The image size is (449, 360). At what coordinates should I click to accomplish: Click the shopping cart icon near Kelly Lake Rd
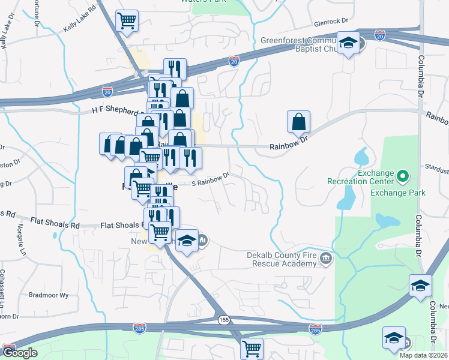pos(127,21)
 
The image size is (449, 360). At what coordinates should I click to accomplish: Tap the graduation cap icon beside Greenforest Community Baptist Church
pos(348,43)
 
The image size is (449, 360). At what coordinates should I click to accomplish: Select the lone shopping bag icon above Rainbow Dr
pos(298,122)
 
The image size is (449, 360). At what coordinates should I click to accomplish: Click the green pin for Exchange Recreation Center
pos(403,177)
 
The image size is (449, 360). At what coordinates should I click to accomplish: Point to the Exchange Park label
pos(397,193)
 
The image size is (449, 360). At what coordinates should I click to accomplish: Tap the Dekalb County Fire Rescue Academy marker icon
pos(326,259)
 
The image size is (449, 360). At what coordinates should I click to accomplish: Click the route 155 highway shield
pos(223,321)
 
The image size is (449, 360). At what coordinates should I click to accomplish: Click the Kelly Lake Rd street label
pos(79,19)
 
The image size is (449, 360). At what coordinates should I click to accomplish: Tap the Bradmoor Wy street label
pos(49,295)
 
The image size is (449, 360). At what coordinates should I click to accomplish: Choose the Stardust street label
pos(439,169)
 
